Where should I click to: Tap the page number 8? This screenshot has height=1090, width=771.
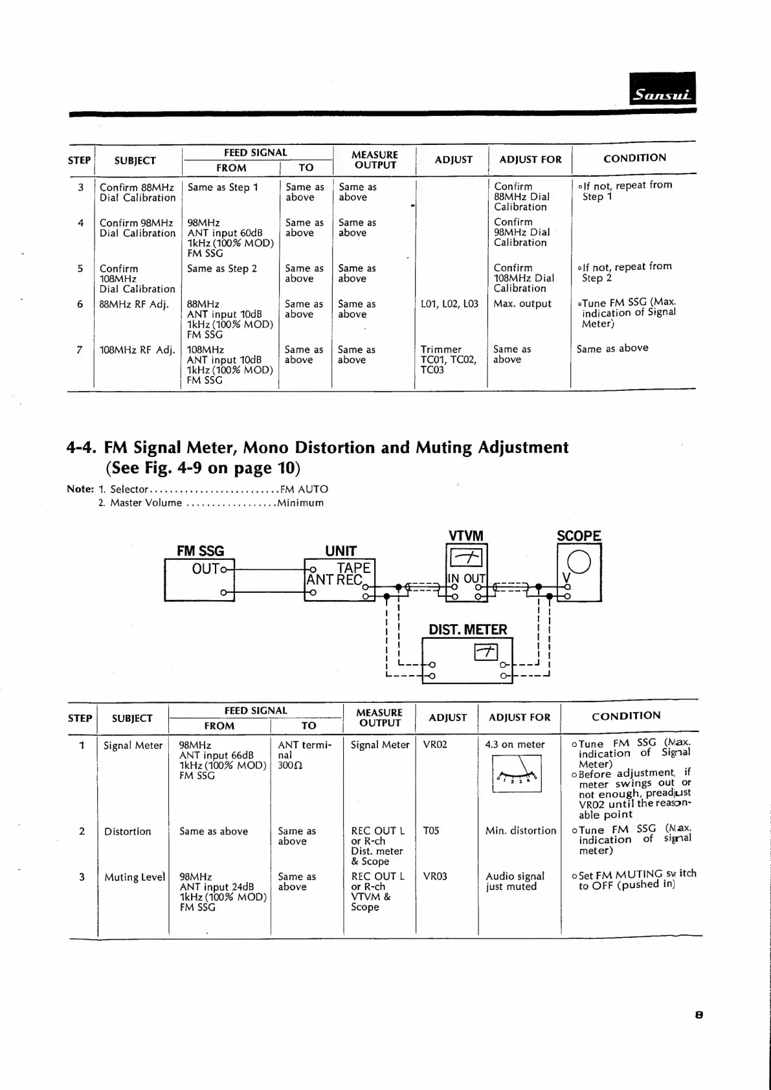[698, 1015]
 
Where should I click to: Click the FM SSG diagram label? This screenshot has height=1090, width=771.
[200, 551]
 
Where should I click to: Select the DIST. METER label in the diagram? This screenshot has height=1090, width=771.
[467, 629]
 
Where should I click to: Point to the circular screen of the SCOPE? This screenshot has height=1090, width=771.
[579, 561]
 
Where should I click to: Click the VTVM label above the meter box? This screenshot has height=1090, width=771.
[466, 536]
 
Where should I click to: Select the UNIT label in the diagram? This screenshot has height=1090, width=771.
[341, 551]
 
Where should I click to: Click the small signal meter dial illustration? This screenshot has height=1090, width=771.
[517, 774]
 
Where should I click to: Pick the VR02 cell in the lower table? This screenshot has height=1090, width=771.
[435, 744]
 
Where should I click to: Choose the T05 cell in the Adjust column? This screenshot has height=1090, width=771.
[431, 830]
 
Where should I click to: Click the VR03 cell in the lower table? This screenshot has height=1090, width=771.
[435, 876]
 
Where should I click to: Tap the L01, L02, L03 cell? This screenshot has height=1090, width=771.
[449, 304]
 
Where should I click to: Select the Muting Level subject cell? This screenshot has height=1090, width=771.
[135, 877]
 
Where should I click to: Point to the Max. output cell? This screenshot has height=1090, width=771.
[522, 304]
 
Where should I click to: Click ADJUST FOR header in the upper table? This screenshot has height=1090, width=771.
[530, 159]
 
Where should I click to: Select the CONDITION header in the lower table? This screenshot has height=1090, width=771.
[626, 716]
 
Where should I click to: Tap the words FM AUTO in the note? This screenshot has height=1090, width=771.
[304, 489]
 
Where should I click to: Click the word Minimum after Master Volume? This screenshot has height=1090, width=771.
[300, 503]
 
